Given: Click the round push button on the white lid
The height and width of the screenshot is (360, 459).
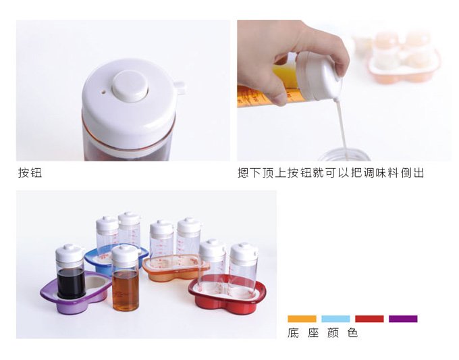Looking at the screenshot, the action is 130,86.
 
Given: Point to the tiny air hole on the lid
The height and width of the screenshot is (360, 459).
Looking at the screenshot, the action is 104,93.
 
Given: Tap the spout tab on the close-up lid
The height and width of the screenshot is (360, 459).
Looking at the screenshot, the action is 180,88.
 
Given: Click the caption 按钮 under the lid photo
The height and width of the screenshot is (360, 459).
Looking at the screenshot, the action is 30,172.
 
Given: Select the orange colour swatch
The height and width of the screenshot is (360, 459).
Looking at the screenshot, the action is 302,319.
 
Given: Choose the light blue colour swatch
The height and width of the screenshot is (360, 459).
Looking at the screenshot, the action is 335,319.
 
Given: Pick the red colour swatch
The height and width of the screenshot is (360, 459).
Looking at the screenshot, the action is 369,319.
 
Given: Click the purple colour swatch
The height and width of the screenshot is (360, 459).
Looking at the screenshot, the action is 403,319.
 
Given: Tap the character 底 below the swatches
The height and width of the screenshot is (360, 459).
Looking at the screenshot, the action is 293,333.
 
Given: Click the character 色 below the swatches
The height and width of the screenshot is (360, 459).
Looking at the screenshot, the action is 353,333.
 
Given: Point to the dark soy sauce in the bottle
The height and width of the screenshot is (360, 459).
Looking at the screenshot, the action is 71,283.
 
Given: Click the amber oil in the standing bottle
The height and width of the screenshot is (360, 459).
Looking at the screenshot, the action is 126,290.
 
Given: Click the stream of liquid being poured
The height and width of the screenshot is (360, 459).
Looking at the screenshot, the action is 342,128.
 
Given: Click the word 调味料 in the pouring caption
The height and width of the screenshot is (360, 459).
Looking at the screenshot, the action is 381,173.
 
